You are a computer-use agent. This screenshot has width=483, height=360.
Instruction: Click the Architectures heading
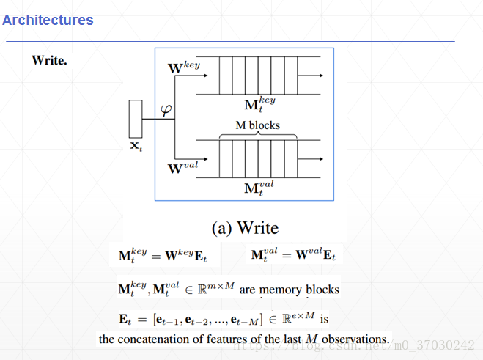48,20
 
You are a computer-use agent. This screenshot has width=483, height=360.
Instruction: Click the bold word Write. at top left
50,60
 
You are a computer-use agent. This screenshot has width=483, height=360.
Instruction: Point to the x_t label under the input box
137,147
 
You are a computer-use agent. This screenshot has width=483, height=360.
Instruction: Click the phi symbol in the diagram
166,111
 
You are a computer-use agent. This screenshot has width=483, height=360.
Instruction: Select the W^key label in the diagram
184,69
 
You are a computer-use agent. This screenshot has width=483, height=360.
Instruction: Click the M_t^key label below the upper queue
259,104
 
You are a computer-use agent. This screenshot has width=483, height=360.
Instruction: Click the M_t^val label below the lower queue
259,188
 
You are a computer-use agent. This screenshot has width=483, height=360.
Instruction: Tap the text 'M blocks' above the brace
257,125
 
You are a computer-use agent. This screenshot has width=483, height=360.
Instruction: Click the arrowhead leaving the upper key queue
322,76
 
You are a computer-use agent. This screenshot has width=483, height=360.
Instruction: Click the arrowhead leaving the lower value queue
322,158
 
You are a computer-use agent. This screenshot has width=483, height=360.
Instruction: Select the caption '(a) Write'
245,228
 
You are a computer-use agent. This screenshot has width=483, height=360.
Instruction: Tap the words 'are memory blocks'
289,290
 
